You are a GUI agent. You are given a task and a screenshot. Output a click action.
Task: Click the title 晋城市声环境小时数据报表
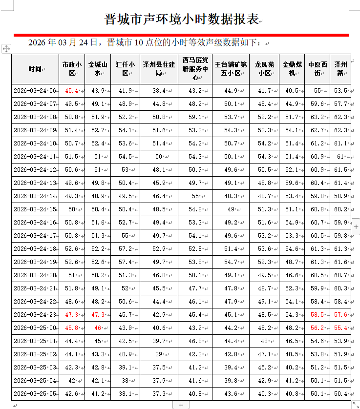pos(181,20)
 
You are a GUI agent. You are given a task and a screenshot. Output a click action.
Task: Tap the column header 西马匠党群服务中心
pos(195,69)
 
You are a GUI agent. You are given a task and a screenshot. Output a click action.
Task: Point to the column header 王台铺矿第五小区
pos(231,69)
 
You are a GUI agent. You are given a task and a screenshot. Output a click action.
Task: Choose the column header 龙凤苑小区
pos(264,69)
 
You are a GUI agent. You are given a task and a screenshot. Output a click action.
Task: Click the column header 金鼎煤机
pos(293,69)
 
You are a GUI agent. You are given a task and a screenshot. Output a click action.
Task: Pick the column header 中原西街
pos(318,69)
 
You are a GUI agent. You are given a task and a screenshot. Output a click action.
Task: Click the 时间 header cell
pos(35,69)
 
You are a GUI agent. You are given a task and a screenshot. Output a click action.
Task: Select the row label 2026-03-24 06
pos(35,91)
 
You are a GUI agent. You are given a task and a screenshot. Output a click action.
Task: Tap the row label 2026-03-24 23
pos(35,315)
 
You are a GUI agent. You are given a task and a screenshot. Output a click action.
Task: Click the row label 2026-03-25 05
pos(35,394)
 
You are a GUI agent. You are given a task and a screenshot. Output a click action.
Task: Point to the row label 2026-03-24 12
pos(35,170)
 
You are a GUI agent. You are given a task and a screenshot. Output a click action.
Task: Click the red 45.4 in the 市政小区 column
pos(72,91)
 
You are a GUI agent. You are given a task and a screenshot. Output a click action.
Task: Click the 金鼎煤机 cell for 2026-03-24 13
pos(292,183)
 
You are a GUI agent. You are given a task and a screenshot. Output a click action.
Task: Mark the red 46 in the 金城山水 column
pos(98,328)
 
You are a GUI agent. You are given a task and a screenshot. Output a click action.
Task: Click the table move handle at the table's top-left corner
pos(6,49)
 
